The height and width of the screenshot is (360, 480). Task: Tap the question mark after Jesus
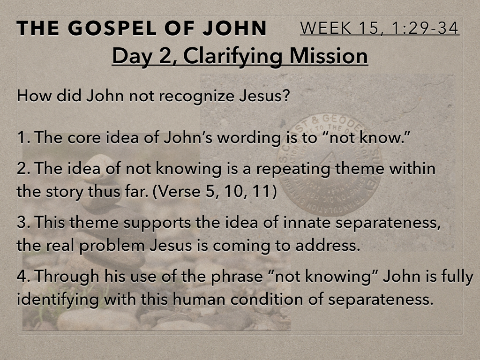(x=285, y=95)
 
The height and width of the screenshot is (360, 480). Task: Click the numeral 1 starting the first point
(x=22, y=137)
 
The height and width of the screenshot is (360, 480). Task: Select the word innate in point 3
(x=307, y=223)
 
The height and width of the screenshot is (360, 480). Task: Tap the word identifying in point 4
(x=58, y=300)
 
